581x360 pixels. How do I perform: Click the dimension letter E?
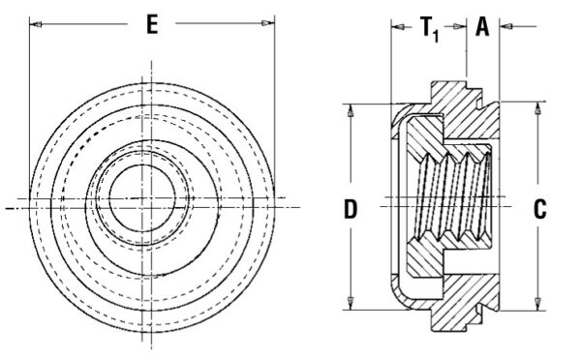point(152,25)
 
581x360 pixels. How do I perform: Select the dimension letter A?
point(482,27)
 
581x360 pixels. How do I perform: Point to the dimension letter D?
point(351,209)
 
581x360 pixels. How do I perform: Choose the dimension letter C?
point(540,209)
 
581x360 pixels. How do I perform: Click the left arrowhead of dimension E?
point(36,25)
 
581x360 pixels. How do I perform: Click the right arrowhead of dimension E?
point(267,23)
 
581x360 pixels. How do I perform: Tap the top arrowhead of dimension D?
point(350,110)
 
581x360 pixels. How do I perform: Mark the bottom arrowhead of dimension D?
point(350,303)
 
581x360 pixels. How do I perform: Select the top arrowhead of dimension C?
point(537,108)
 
